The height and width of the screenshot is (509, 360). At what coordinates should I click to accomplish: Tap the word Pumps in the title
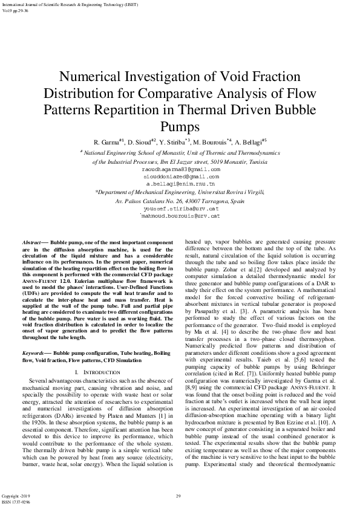tap(180, 125)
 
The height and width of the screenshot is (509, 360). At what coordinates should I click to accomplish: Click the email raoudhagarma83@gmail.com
tap(180, 170)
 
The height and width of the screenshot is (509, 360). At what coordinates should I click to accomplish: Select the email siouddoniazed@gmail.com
tap(180, 176)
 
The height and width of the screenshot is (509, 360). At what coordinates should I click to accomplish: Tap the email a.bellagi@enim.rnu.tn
tap(180, 182)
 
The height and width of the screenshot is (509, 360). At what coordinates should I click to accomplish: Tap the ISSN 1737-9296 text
tap(16, 502)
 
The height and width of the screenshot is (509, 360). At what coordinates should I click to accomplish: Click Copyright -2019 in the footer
tap(16, 496)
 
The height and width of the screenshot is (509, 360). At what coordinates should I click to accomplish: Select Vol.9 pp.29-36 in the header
tap(16, 11)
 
